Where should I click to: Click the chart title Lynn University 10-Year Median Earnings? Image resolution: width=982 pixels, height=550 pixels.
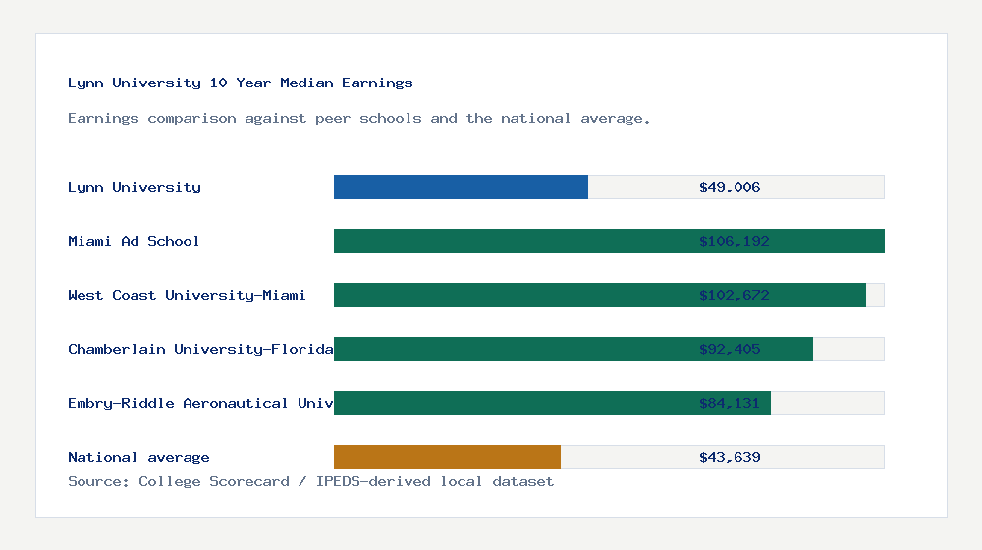[241, 83]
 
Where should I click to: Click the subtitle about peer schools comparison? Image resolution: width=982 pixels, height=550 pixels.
[358, 119]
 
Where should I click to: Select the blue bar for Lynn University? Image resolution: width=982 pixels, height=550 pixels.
[461, 188]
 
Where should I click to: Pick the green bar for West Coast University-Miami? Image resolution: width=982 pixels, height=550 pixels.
[511, 296]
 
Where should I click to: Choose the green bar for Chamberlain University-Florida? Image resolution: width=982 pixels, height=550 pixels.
[511, 350]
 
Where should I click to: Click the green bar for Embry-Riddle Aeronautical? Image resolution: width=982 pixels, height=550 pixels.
[511, 404]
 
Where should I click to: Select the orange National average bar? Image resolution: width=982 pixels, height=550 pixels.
[447, 458]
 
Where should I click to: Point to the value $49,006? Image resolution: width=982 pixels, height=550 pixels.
[730, 188]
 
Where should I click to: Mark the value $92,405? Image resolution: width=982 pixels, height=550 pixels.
[730, 350]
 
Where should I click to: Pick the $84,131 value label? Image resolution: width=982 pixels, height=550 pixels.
[730, 404]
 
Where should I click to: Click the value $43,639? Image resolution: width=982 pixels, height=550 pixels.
[730, 458]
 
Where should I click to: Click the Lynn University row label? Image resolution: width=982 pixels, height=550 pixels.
[135, 188]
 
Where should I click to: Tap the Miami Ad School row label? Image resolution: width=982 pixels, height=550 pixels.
[134, 242]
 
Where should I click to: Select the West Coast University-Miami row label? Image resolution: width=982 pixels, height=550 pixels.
[187, 296]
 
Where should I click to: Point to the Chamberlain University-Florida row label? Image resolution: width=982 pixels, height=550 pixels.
[200, 350]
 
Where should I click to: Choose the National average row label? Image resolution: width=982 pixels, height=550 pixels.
[138, 458]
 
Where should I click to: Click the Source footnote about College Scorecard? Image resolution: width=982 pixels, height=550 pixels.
[310, 482]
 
